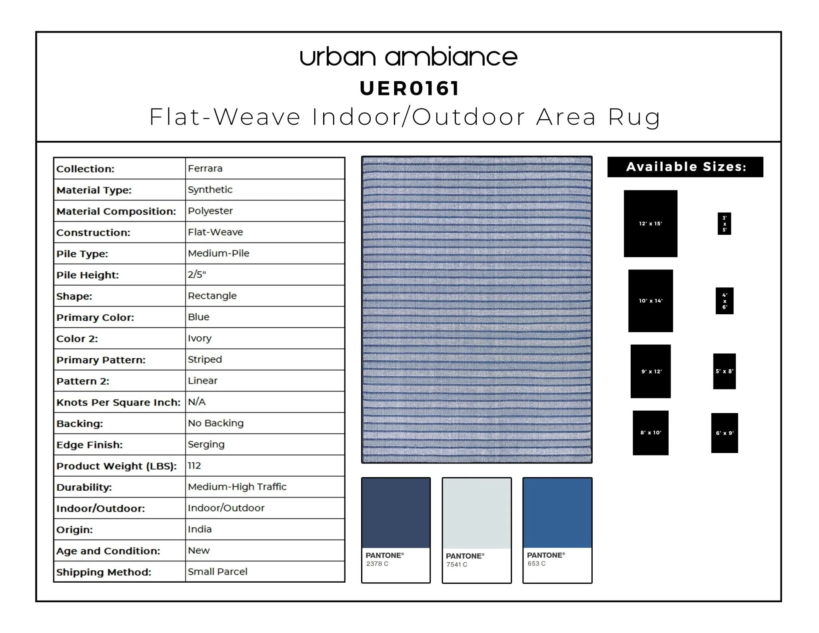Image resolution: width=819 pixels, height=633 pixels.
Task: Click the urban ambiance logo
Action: coord(408,57)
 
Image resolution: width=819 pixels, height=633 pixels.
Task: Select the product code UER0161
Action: coord(409,88)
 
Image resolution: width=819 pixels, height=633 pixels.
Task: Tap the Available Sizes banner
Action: coord(685,167)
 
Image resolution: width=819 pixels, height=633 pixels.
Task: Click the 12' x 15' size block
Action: coord(650,224)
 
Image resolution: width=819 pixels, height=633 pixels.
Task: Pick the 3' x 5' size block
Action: coord(724,224)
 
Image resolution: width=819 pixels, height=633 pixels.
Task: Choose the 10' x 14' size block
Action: coord(650,301)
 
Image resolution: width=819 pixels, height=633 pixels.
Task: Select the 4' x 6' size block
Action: coord(724,301)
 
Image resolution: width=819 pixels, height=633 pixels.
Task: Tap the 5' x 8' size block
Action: coord(724,371)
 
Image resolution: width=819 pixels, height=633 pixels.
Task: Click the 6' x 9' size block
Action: coord(724,433)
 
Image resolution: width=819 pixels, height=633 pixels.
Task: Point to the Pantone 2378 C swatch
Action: coord(396,530)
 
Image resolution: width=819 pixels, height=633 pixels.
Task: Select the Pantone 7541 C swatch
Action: coord(477,530)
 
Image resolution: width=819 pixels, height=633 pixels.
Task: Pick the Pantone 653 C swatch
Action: coord(557,530)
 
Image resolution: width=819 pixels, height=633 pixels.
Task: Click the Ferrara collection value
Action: coord(205,168)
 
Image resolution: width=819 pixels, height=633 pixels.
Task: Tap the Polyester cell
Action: coord(210,211)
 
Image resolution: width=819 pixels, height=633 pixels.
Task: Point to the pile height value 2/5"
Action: coord(197,274)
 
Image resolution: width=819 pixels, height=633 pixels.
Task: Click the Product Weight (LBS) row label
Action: coord(116,466)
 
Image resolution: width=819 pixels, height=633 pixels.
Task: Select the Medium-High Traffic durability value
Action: coord(237,487)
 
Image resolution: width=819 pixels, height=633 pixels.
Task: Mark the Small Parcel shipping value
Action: coord(218,571)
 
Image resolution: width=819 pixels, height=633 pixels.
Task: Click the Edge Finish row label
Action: coord(90,445)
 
